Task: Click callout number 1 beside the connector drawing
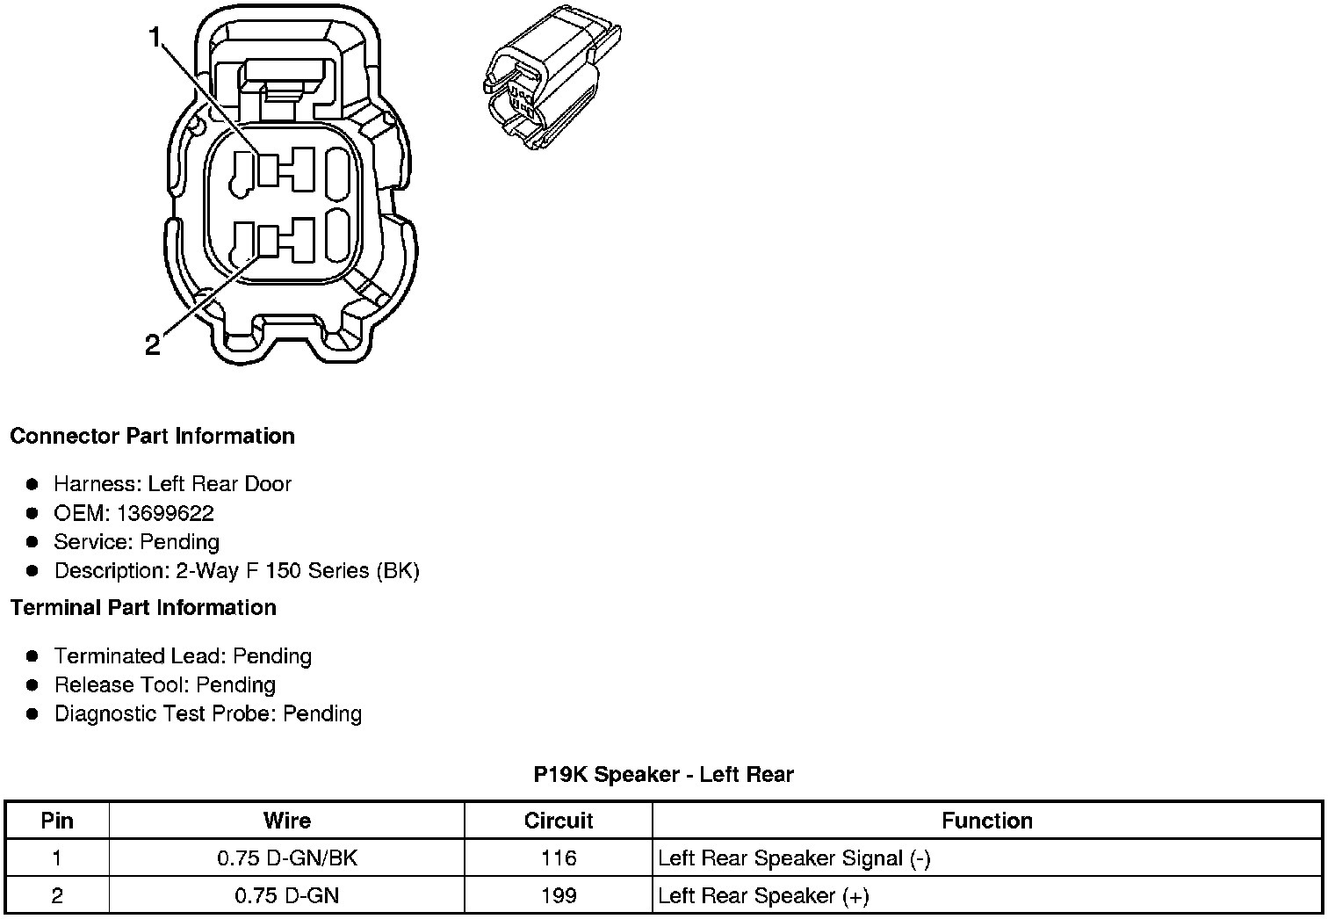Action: [155, 38]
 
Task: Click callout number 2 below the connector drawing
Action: [153, 345]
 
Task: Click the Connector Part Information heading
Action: [152, 437]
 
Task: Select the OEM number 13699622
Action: [165, 513]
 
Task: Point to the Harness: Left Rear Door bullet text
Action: [172, 484]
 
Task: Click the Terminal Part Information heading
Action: [143, 608]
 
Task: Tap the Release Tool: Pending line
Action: [165, 685]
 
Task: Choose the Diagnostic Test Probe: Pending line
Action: [208, 713]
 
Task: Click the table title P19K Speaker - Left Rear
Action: [663, 775]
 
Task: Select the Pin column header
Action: [57, 821]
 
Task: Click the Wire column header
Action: [287, 821]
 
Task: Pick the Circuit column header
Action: [559, 821]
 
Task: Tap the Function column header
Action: [987, 821]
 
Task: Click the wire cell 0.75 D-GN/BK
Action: [287, 858]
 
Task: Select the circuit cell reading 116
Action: [559, 858]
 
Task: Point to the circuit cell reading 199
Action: [559, 896]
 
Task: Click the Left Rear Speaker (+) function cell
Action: [763, 896]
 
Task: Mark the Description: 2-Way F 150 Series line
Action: [237, 571]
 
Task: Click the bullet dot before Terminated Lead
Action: [32, 656]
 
